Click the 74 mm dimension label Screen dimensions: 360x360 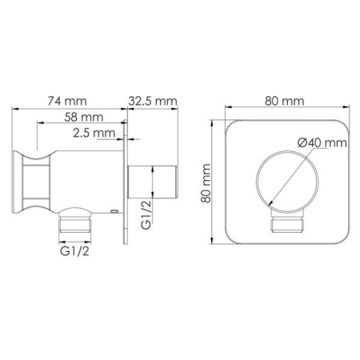click(67, 102)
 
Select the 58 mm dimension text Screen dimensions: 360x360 click(84, 117)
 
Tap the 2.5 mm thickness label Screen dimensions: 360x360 click(94, 133)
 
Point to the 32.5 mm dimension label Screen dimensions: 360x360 click(153, 102)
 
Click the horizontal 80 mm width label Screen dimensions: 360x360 click(285, 102)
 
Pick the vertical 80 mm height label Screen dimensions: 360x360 click(206, 183)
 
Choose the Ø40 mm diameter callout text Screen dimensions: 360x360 click(322, 142)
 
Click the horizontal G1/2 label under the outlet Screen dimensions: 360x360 click(74, 251)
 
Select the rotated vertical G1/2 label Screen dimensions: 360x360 click(146, 215)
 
